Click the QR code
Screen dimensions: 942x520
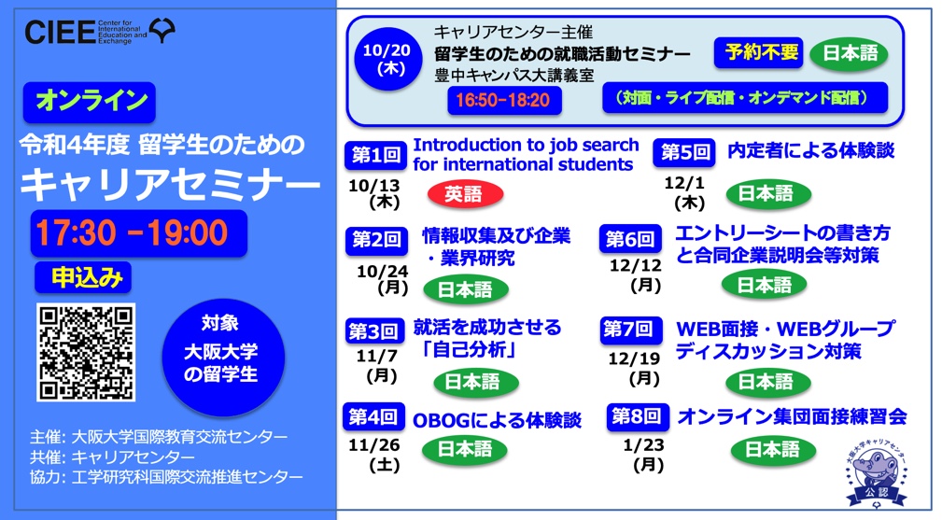pos(86,353)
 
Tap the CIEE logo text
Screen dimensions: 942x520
pos(60,32)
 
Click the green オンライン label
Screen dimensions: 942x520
pos(90,102)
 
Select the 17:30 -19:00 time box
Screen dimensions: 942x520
pos(139,233)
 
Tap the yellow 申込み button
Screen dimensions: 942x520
pos(83,278)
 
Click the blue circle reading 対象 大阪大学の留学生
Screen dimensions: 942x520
pos(223,358)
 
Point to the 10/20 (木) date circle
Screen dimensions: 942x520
pos(387,59)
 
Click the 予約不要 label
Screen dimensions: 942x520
pos(758,53)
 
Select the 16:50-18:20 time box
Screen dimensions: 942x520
pos(504,100)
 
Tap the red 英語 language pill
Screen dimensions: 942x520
pos(465,194)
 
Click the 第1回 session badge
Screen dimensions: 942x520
pos(375,156)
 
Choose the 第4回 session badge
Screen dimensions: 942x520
pos(373,416)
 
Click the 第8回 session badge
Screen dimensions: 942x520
pos(638,416)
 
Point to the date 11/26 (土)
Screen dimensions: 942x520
pos(375,455)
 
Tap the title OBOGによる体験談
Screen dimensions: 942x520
pos(497,420)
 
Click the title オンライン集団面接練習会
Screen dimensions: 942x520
pos(792,416)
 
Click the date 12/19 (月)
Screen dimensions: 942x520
pos(635,368)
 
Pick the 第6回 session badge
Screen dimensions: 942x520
pos(630,239)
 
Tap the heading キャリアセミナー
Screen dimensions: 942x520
pos(170,185)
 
